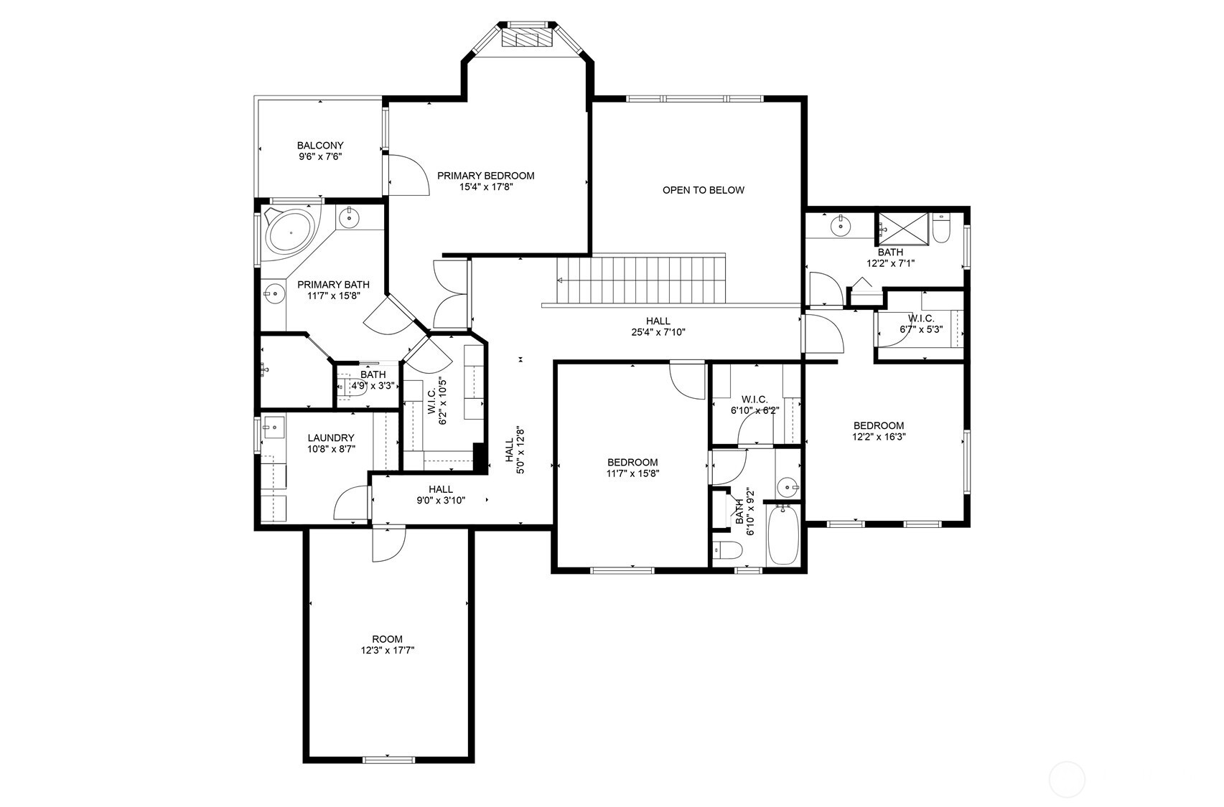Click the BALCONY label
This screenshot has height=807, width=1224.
[x=320, y=146]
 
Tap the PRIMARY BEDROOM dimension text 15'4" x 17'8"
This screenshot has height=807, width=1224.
[x=486, y=187]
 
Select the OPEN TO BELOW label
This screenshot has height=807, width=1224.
[x=704, y=190]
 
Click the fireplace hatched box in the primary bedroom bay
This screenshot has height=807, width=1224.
[x=528, y=38]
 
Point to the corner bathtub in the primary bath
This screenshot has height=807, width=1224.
[x=289, y=231]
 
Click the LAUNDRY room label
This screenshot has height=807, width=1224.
[x=331, y=438]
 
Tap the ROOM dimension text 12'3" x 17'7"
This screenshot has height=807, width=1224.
[x=388, y=651]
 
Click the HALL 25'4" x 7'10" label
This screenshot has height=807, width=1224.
[x=658, y=326]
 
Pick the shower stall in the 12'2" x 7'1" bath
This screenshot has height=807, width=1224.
[x=902, y=230]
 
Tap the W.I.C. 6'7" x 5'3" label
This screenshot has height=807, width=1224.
[x=921, y=324]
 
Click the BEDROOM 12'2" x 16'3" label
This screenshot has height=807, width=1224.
[x=879, y=431]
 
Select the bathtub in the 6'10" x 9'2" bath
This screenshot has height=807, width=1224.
[x=783, y=535]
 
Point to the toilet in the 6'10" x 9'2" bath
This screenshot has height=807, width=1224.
[x=727, y=550]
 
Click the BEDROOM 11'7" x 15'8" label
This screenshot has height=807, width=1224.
[x=632, y=468]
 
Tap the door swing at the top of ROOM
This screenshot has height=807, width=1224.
[x=388, y=544]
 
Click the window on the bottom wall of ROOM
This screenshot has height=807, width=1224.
[x=389, y=759]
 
